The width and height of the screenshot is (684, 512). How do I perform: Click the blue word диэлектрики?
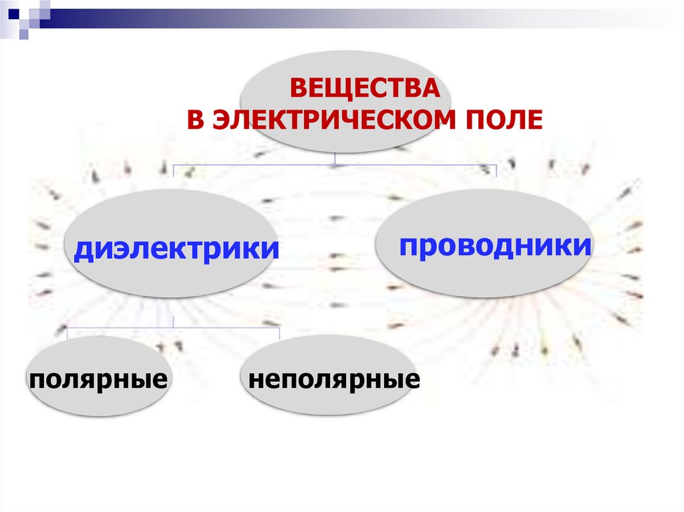pyautogui.click(x=176, y=250)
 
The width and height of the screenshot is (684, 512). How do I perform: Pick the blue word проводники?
pyautogui.click(x=496, y=246)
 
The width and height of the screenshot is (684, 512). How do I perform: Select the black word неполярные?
pyautogui.click(x=334, y=380)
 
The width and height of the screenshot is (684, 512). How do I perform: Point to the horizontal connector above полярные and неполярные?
pyautogui.click(x=220, y=327)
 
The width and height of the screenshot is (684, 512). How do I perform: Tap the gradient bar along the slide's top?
pyautogui.click(x=334, y=13)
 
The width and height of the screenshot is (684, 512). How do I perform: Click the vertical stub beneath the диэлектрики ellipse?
pyautogui.click(x=173, y=321)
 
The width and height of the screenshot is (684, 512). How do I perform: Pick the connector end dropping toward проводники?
pyautogui.click(x=496, y=170)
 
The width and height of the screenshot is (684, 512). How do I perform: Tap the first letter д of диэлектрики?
pyautogui.click(x=81, y=251)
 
